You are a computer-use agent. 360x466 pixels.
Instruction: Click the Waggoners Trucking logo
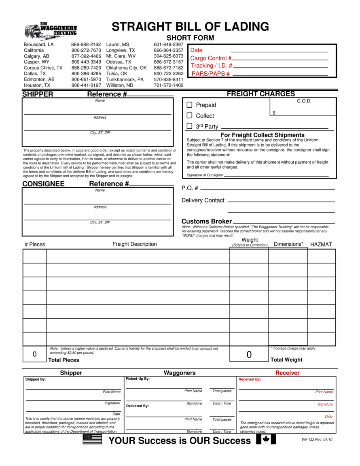[51, 31]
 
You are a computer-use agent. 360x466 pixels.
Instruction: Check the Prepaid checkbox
[189, 105]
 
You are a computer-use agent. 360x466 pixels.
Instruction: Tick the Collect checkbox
[189, 115]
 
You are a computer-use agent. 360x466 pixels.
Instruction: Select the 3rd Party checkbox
[189, 126]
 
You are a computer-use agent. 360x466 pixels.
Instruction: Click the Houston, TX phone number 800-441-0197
[86, 85]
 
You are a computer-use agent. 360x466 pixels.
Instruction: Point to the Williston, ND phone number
[169, 85]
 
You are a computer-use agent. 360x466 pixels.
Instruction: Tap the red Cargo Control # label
[211, 58]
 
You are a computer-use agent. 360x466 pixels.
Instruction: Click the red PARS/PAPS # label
[211, 74]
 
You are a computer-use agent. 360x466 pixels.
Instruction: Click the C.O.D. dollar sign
[274, 113]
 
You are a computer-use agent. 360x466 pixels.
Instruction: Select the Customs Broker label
[207, 221]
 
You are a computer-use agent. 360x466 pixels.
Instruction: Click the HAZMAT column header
[321, 245]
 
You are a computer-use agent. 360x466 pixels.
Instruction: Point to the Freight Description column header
[134, 244]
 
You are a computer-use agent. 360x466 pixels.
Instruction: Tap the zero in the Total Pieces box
[34, 354]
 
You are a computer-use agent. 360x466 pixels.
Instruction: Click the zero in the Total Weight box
[249, 355]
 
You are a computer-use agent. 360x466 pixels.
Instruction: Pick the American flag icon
[92, 440]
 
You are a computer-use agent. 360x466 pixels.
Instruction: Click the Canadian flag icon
[266, 440]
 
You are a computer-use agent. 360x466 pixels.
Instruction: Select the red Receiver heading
[287, 373]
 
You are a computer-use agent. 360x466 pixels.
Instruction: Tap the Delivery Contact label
[203, 200]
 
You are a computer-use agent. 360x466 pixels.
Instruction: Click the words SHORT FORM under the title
[190, 38]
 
